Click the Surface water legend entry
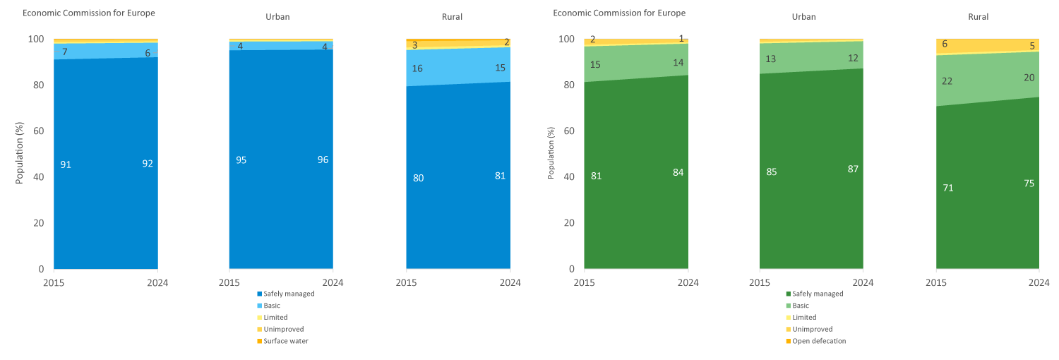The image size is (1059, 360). point(282,341)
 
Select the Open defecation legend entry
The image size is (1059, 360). point(815,341)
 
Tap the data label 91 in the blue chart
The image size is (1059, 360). point(66,165)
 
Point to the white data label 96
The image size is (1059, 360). point(323,160)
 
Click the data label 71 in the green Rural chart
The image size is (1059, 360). point(948,188)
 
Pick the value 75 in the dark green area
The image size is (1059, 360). point(1029,184)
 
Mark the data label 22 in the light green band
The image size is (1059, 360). point(947,81)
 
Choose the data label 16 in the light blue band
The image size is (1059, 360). point(417,68)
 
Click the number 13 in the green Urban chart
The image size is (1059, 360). point(771,59)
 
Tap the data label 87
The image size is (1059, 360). point(853,169)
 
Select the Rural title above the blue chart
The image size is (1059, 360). point(452,16)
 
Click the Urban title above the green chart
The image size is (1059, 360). point(803,16)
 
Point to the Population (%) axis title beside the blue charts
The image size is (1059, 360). point(19,153)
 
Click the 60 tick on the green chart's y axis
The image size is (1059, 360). point(569,131)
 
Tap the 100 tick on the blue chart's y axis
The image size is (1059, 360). point(36,40)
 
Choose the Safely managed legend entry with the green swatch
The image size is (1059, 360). point(815,294)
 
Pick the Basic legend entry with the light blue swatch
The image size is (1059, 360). point(268,306)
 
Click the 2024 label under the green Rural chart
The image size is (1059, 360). point(1039,282)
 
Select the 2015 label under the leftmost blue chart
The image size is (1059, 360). point(54,282)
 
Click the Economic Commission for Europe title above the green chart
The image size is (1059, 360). point(619,13)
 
